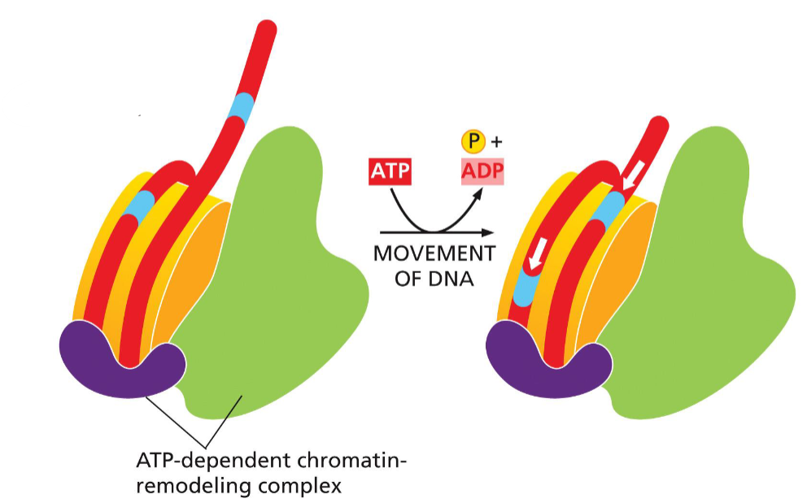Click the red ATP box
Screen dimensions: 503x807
coord(390,172)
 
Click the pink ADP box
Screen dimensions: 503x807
coord(483,172)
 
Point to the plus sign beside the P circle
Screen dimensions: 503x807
coord(496,143)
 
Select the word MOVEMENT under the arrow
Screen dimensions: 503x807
coord(434,254)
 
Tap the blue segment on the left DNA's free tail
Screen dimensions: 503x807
coord(242,106)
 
